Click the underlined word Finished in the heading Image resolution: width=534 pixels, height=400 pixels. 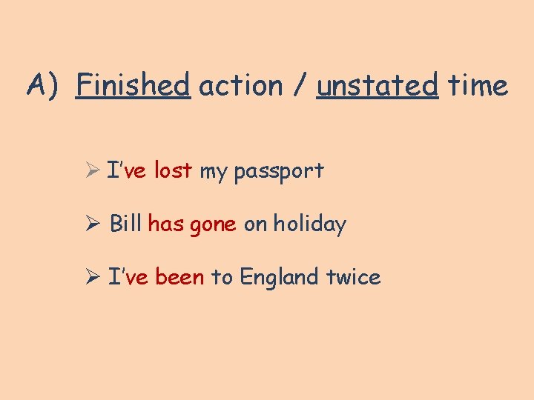(x=133, y=86)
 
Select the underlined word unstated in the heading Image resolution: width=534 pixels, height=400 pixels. (x=378, y=86)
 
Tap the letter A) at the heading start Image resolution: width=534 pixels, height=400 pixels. (x=42, y=86)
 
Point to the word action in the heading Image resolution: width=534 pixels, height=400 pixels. (x=241, y=86)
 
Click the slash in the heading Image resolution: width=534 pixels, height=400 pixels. (x=300, y=86)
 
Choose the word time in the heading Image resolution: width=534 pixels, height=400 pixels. (x=478, y=86)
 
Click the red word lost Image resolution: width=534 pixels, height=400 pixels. (x=173, y=171)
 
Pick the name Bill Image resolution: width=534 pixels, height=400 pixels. (x=125, y=224)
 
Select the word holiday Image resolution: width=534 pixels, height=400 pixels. (x=309, y=224)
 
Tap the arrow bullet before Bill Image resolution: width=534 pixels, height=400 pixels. (x=93, y=224)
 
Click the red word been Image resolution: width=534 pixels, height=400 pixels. (x=179, y=277)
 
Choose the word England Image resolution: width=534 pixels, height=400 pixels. (x=280, y=278)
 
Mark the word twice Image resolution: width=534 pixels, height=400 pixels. (x=353, y=277)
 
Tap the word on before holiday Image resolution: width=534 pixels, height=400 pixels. (x=255, y=224)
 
